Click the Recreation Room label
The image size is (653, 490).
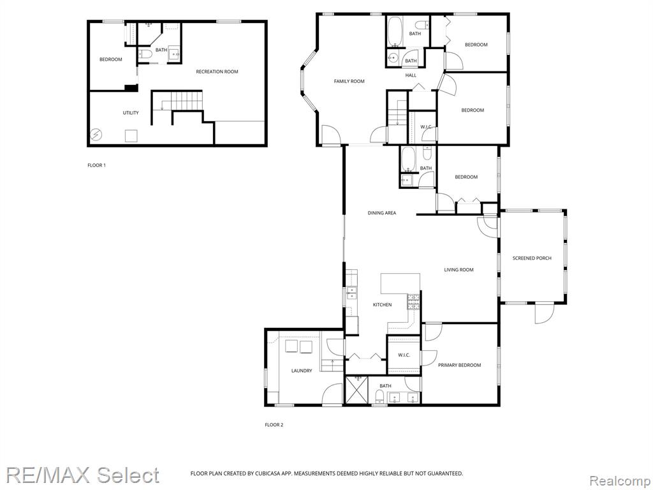point(217,71)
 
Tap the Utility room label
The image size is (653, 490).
point(130,113)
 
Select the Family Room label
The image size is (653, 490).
point(349,81)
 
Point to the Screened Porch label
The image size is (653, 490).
point(532,258)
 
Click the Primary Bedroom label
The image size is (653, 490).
point(459,365)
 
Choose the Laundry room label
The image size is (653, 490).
point(302,371)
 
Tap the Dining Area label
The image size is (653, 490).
point(381,213)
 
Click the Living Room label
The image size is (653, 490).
point(459,270)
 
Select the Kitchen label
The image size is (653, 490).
point(382,304)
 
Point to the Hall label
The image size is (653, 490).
point(411,75)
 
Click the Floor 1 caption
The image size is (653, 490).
point(97,165)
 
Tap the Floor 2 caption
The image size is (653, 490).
point(274,425)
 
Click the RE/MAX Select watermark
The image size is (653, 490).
point(82,475)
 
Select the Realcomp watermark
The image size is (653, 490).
point(619,481)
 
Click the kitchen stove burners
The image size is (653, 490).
point(413,302)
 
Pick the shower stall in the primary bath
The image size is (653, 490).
point(357,390)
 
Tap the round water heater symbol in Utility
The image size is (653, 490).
point(96,135)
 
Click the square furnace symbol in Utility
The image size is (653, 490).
point(131,137)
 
